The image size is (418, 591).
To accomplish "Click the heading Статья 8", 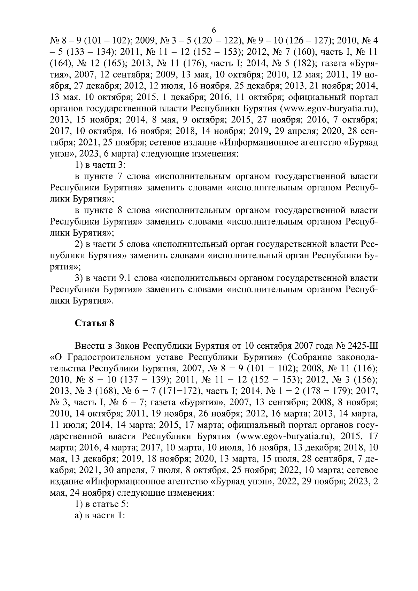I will tap(95, 323).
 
